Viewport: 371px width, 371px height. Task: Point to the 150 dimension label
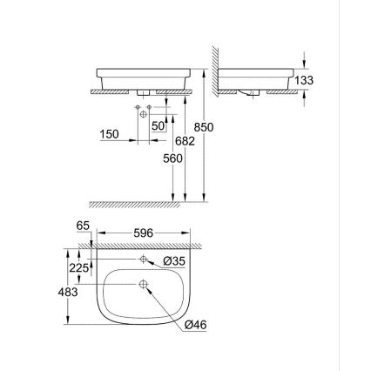coord(110,135)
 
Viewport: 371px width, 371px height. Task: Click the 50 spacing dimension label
coord(159,126)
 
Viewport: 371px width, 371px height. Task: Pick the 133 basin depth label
coord(302,79)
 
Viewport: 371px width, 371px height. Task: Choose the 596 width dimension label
coord(143,233)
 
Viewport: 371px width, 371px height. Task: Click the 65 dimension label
coord(84,226)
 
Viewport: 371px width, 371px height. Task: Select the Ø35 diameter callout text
coord(172,261)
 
